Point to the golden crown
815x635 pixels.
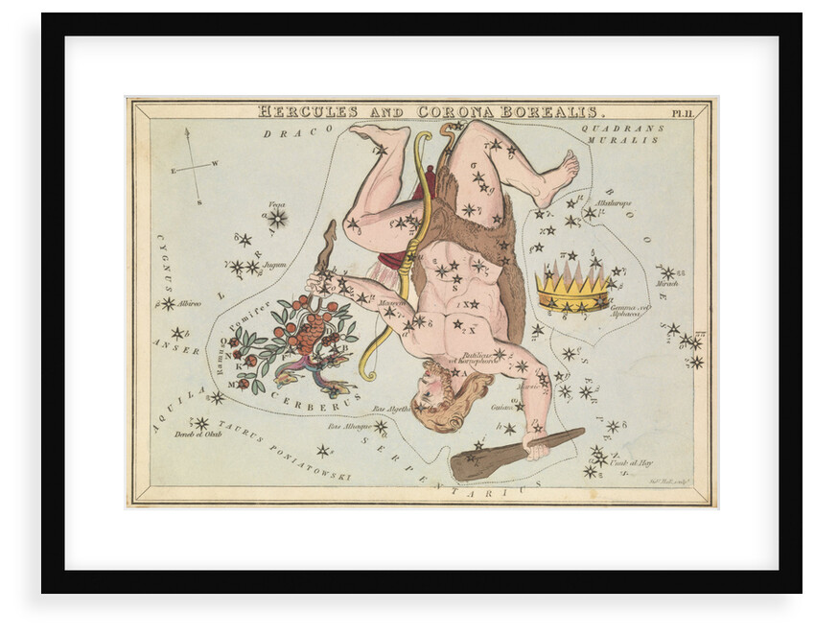[572, 287]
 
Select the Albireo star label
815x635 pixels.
[189, 303]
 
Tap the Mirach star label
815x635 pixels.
[667, 283]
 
